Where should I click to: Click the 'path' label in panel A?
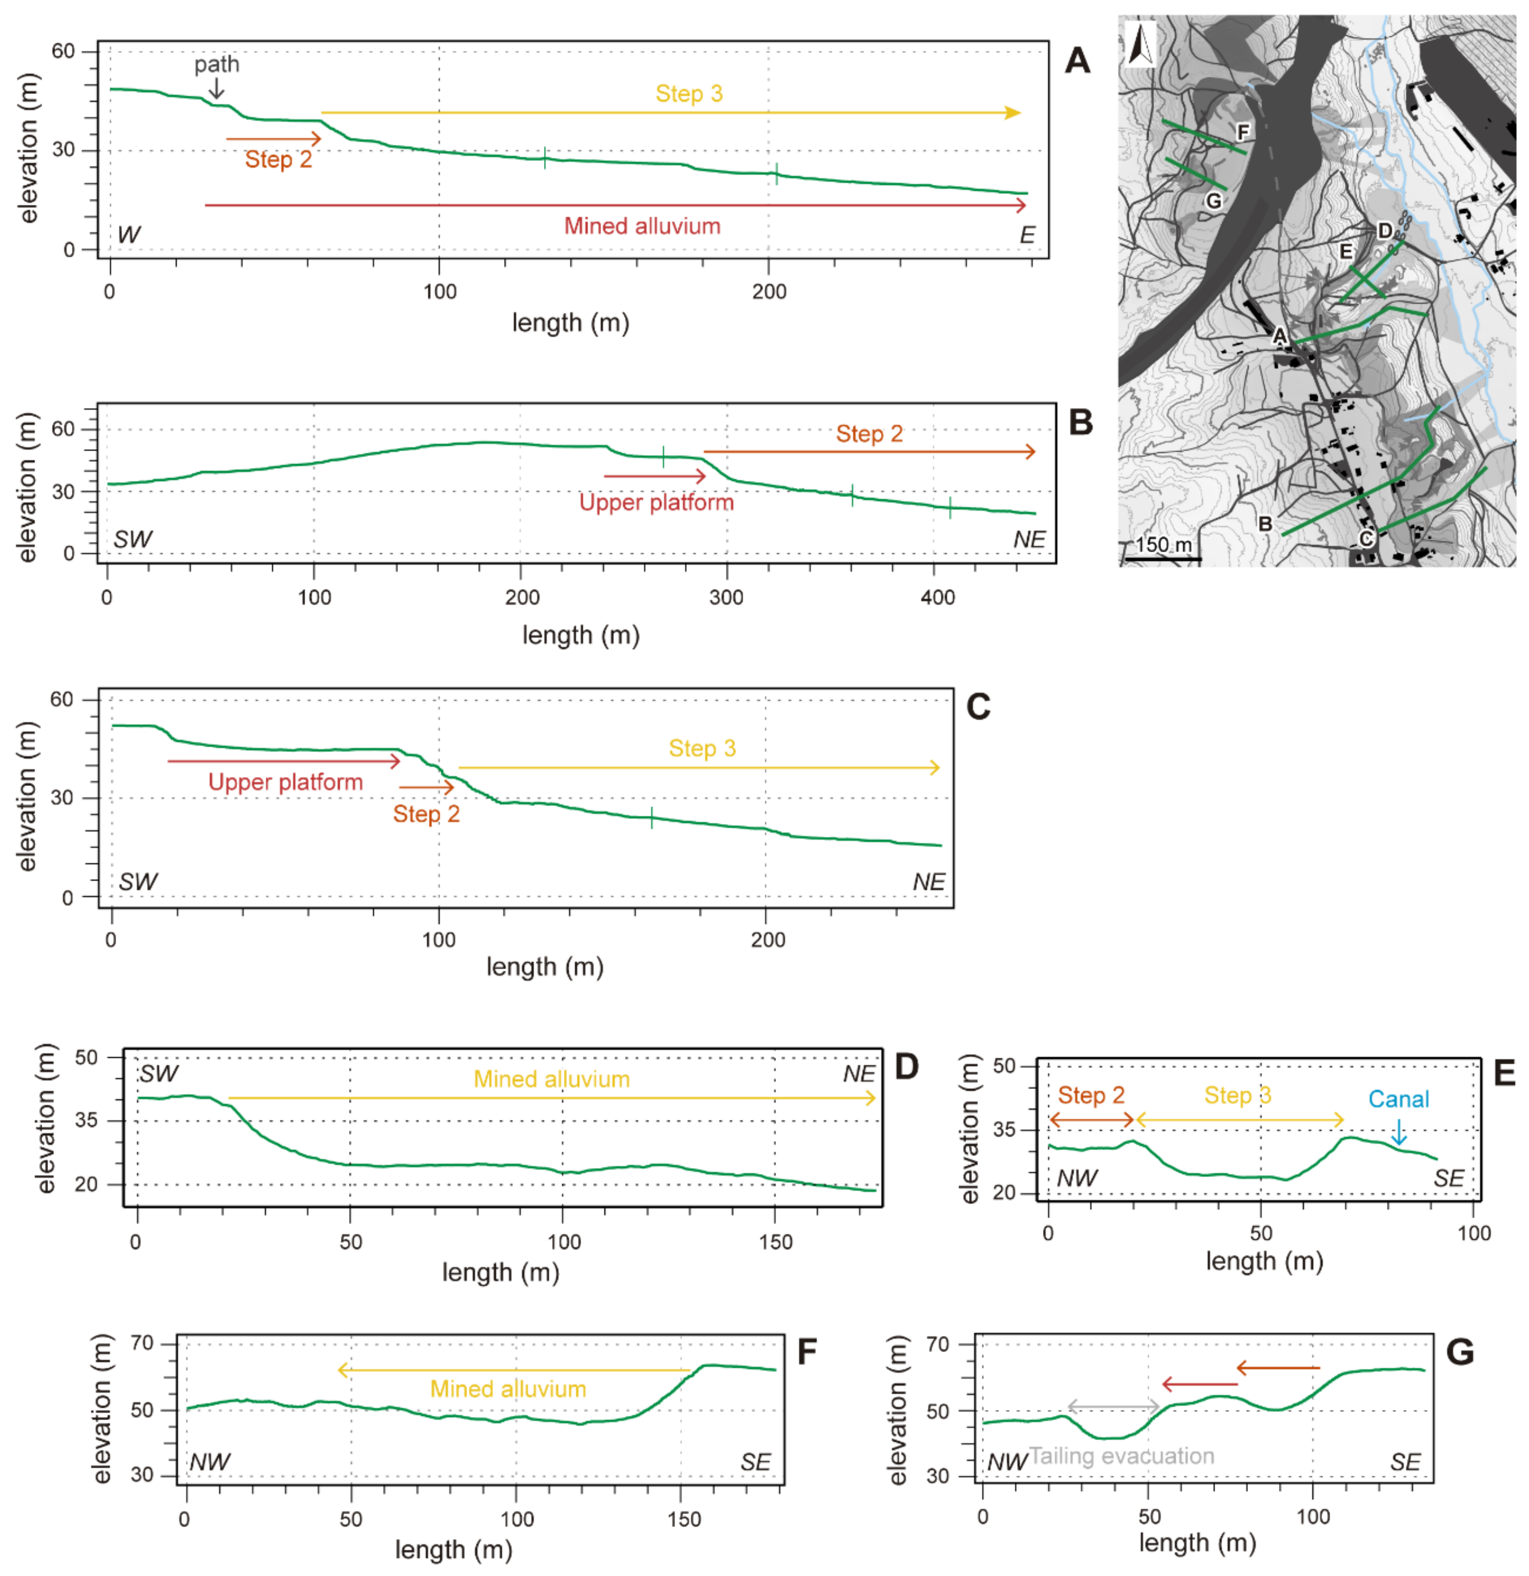point(216,64)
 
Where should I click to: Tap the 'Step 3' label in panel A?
point(689,94)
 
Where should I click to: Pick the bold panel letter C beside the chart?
point(978,707)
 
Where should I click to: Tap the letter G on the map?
point(1214,200)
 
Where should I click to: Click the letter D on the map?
point(1384,231)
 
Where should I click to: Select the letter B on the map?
point(1264,523)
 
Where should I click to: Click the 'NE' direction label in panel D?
point(859,1074)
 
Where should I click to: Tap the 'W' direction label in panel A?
point(129,235)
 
